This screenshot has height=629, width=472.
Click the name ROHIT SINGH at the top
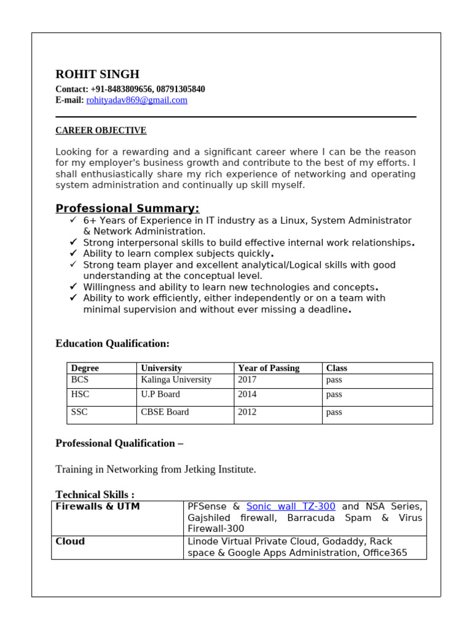tap(98, 74)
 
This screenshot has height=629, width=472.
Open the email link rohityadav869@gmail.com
tap(136, 100)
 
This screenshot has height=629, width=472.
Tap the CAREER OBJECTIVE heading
tap(101, 130)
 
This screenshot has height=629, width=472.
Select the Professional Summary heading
tap(127, 208)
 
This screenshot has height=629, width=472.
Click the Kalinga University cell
tap(176, 380)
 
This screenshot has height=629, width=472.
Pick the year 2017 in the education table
tap(247, 380)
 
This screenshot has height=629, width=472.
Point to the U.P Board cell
tap(160, 394)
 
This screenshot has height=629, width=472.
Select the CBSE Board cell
tap(165, 412)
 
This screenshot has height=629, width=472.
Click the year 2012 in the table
tap(247, 412)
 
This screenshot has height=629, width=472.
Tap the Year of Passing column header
tap(269, 368)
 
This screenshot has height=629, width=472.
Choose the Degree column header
tap(85, 368)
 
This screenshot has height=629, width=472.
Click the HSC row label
tap(80, 394)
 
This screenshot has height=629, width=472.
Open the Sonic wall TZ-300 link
tap(291, 507)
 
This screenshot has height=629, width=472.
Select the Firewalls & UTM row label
tap(98, 507)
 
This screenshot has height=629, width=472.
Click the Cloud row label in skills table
tap(70, 542)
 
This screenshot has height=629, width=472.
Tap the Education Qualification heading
tap(112, 343)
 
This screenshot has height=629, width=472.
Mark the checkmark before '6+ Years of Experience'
tap(73, 220)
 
